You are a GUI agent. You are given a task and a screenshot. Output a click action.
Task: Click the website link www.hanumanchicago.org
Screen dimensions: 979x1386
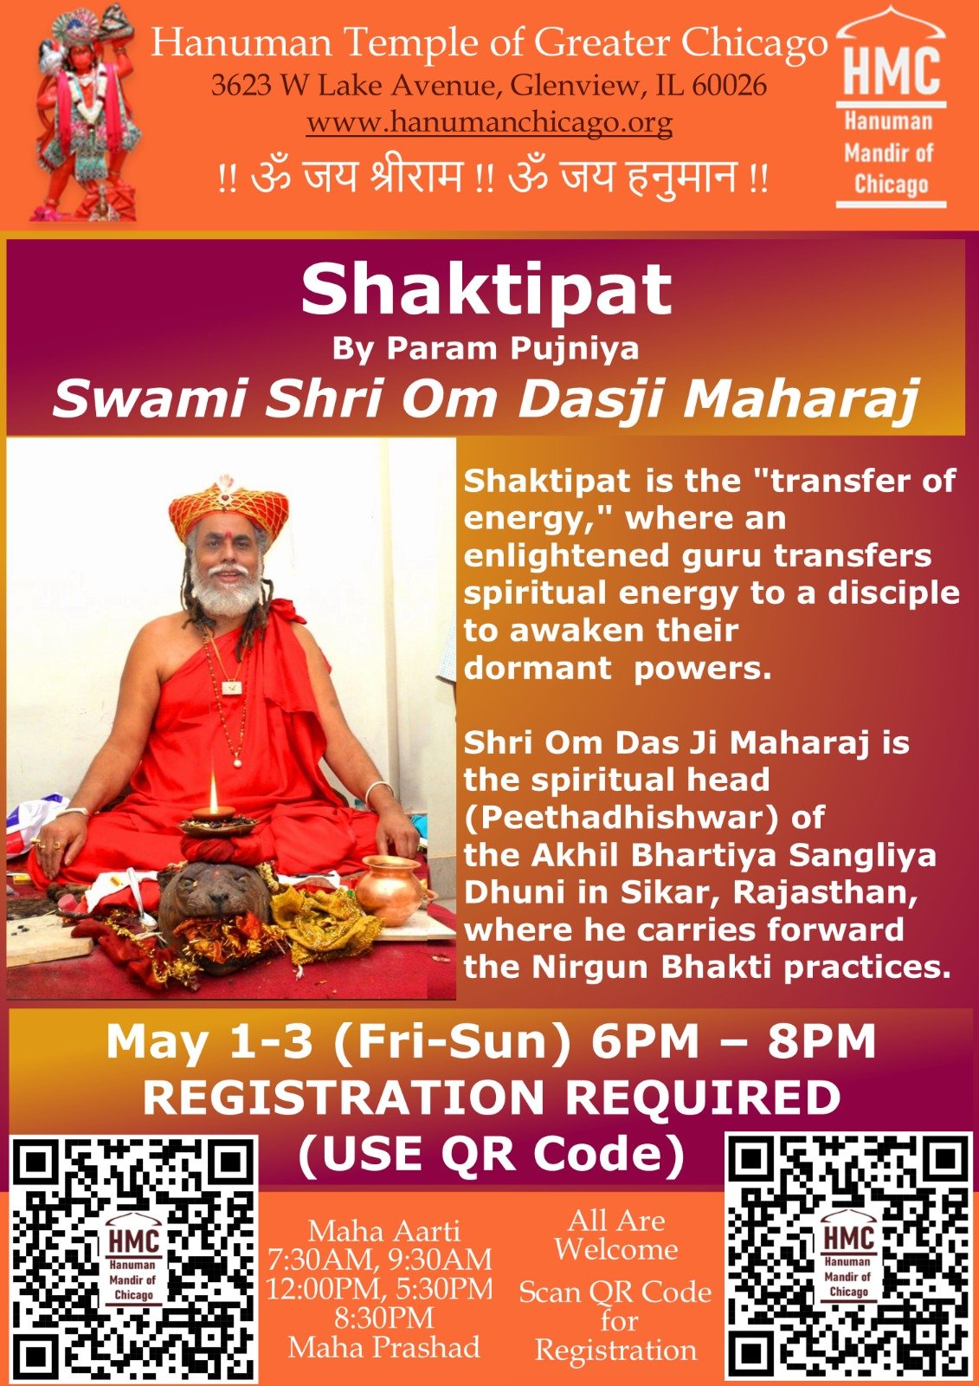(489, 123)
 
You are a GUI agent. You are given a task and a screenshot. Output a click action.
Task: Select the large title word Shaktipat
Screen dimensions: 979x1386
(486, 291)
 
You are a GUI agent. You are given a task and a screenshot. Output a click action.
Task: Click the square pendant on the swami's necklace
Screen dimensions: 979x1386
(232, 686)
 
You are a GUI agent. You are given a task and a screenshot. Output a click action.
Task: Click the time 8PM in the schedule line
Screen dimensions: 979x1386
(821, 1044)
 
